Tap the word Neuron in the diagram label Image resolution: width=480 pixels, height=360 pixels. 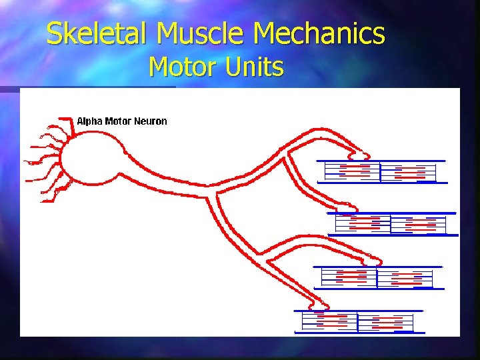tap(151, 121)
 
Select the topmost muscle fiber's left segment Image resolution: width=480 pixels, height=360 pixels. tap(352, 172)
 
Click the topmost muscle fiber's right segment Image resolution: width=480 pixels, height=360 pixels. tap(408, 172)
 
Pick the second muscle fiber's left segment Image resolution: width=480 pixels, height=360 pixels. tap(363, 224)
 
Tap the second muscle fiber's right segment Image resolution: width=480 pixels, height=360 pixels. tap(418, 224)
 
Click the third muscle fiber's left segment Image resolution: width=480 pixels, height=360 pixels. tap(349, 277)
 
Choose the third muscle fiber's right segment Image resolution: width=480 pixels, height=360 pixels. tap(405, 277)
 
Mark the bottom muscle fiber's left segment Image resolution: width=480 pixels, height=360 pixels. tap(330, 321)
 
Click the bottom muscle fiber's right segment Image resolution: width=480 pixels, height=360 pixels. tap(385, 321)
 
